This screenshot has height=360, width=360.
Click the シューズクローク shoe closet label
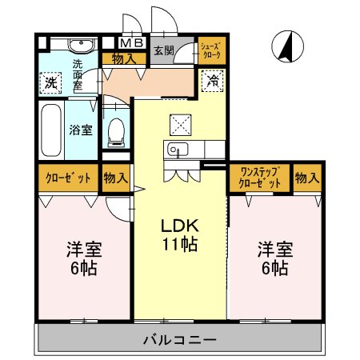(x=211, y=50)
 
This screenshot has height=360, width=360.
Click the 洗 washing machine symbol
(x=50, y=82)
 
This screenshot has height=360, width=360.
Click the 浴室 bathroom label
(x=80, y=130)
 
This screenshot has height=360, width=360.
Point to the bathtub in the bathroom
(x=50, y=130)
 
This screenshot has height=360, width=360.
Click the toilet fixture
(x=117, y=133)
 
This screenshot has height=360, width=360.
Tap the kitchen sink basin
(x=175, y=150)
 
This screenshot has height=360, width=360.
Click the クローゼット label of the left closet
(x=67, y=178)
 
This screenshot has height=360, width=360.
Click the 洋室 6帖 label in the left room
(x=82, y=258)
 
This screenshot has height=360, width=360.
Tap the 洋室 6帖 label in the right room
(x=274, y=258)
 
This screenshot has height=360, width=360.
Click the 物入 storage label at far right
(x=306, y=178)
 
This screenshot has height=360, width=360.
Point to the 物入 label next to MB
(x=123, y=58)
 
